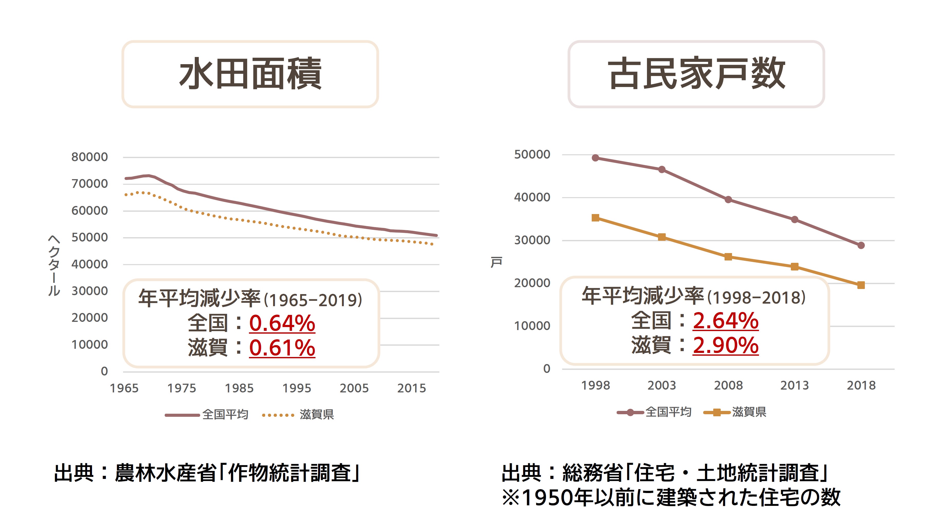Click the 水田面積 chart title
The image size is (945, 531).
click(250, 74)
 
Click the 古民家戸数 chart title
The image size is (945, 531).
click(696, 74)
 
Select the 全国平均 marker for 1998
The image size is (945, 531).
click(595, 158)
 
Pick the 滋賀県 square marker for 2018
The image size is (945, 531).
click(861, 285)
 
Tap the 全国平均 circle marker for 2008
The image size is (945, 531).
click(728, 200)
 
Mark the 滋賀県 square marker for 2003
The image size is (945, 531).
click(662, 237)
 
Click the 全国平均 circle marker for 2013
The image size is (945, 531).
click(795, 219)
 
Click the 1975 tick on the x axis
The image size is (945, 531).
click(182, 388)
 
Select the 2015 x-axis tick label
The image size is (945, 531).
click(411, 388)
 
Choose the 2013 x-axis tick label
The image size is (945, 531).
click(795, 385)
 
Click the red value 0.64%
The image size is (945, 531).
click(282, 323)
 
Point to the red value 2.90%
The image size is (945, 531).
click(725, 345)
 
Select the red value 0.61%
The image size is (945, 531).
click(282, 348)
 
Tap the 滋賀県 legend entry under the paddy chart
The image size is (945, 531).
click(316, 415)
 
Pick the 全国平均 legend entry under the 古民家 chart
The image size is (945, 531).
click(668, 412)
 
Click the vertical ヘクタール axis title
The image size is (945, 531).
click(54, 265)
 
